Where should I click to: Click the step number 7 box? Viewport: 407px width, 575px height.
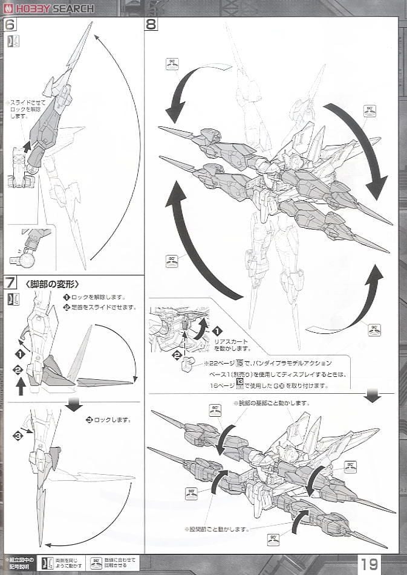click(x=11, y=283)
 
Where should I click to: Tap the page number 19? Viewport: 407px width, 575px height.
click(x=370, y=564)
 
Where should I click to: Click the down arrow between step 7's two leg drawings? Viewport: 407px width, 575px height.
click(x=74, y=405)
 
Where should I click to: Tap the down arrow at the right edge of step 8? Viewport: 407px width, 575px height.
click(x=372, y=396)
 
